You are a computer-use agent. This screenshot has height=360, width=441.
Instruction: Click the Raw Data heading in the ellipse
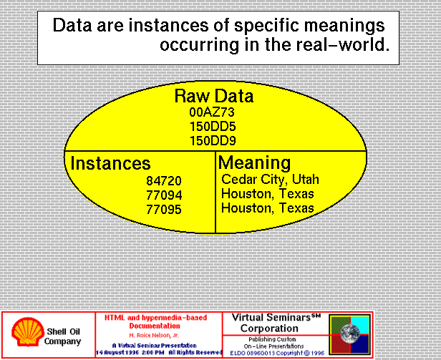point(214,96)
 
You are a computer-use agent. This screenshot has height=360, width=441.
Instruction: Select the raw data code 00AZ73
point(212,112)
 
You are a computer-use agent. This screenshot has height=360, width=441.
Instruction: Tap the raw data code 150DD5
point(213,127)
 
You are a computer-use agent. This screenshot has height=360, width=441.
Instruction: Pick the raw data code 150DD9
point(213,140)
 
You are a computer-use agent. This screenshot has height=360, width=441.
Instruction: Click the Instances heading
point(110,163)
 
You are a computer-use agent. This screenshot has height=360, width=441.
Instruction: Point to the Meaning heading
point(255,163)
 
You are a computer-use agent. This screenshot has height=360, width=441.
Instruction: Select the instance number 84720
point(164,180)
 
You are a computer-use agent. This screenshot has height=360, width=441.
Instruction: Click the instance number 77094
point(164,195)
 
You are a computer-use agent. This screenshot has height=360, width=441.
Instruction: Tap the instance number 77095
point(164,209)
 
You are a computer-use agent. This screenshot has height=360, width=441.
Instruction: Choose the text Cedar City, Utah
point(271,180)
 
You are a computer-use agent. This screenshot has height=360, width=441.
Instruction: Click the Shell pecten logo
point(28,332)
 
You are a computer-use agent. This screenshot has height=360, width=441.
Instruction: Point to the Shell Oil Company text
point(63,336)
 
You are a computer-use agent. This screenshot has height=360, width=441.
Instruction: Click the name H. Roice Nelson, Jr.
point(154,335)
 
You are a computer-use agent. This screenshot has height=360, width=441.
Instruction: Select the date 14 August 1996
point(117,352)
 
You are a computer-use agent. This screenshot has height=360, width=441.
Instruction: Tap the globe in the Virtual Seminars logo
point(350,334)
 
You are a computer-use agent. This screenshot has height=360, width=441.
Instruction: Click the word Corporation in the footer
point(269,329)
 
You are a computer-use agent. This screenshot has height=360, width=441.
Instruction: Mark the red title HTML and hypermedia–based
point(155,318)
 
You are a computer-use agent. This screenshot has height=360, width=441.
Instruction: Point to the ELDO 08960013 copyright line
point(277,353)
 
